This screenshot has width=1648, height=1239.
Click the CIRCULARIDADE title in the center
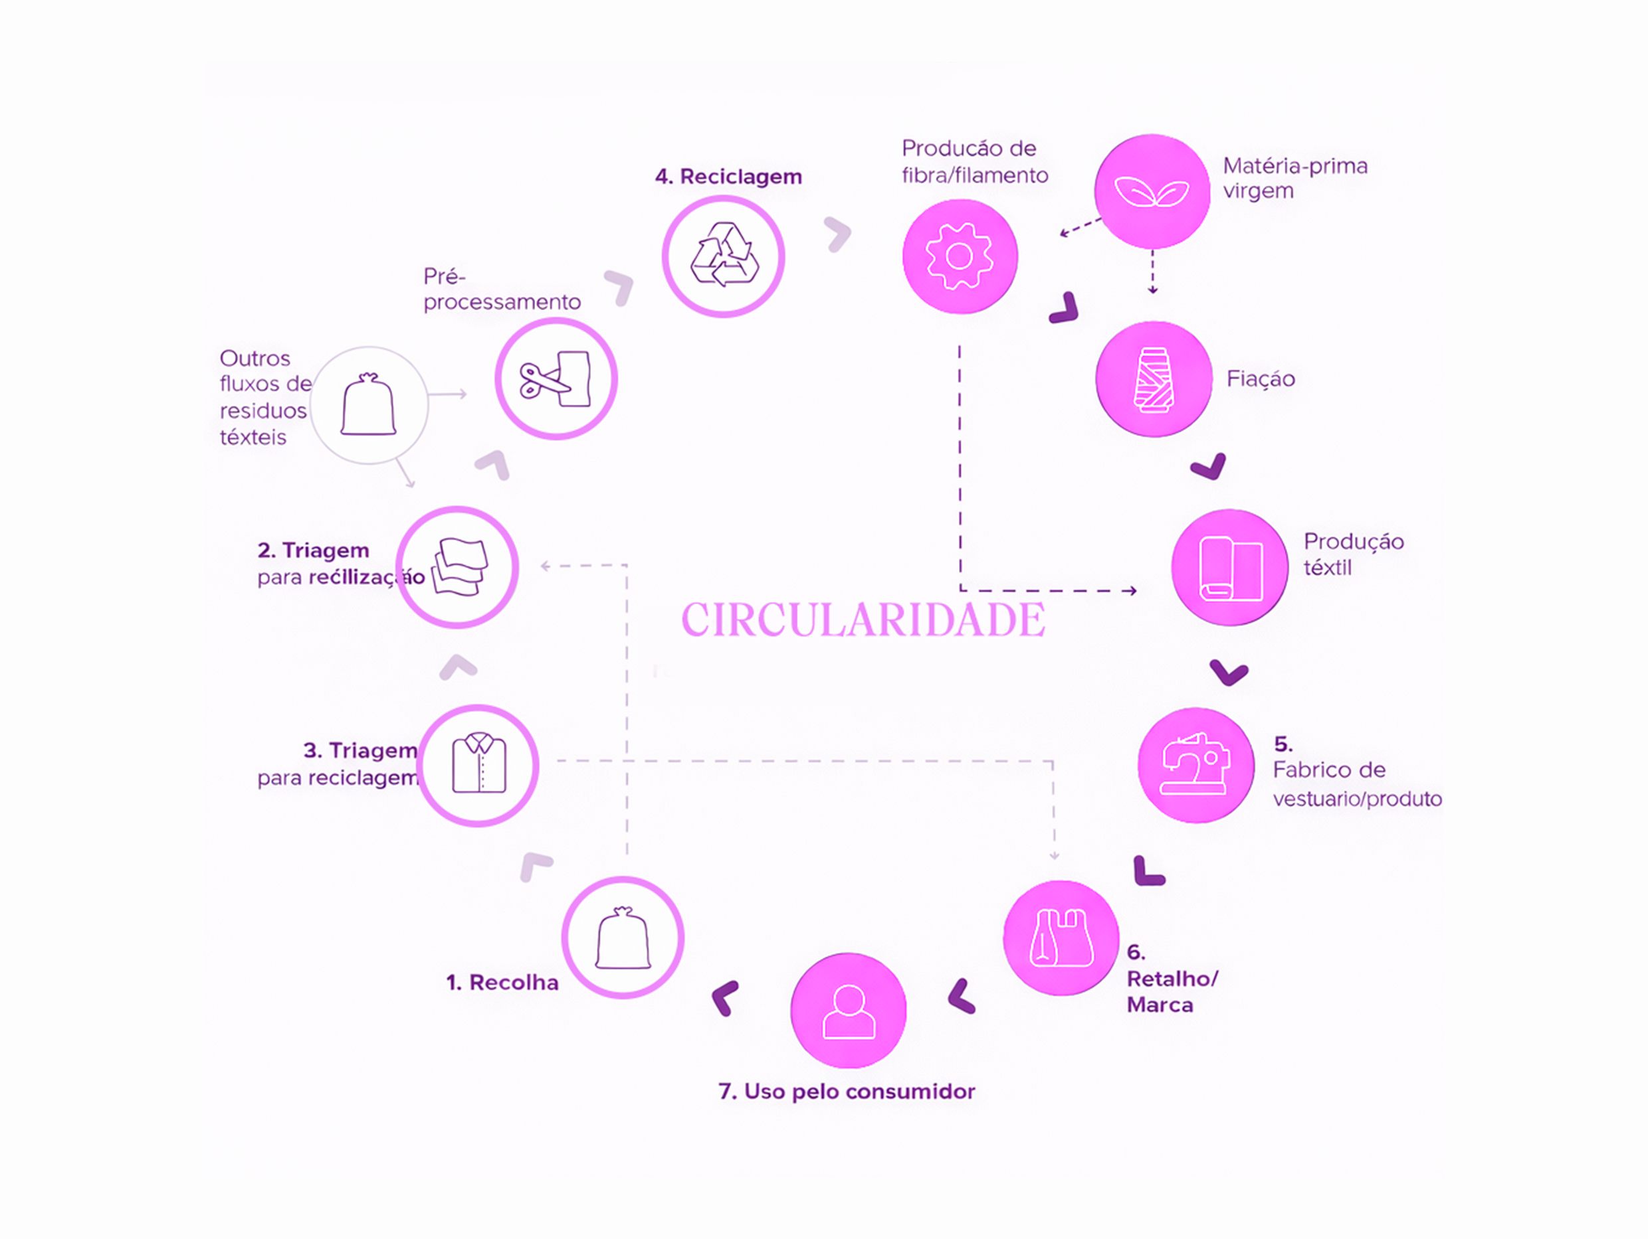[863, 619]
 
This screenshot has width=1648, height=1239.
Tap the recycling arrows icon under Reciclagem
[724, 256]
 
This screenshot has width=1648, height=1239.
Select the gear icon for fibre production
[960, 256]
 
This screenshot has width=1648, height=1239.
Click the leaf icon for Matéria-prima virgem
[1152, 191]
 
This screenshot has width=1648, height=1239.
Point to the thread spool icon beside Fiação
[1154, 379]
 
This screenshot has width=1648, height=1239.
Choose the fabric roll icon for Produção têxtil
[1230, 568]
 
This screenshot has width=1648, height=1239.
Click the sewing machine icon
[1195, 765]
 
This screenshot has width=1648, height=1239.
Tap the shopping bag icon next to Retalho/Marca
[1061, 938]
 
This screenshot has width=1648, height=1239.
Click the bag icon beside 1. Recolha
[623, 938]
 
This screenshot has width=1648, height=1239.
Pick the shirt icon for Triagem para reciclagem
[478, 765]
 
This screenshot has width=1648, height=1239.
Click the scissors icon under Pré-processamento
[556, 379]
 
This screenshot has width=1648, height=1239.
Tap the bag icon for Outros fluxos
[368, 405]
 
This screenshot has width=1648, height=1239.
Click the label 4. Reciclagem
[728, 177]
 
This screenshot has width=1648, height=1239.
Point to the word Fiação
[1261, 379]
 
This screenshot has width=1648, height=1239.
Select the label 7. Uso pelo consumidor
[847, 1091]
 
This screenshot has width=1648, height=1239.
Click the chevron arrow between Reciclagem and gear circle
[839, 234]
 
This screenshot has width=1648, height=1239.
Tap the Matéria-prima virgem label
[1295, 177]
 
